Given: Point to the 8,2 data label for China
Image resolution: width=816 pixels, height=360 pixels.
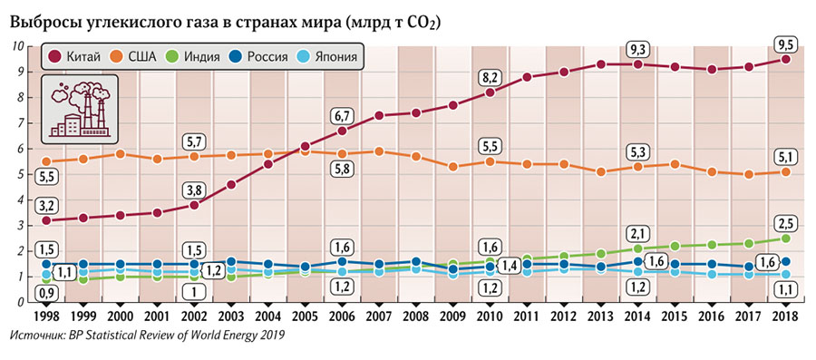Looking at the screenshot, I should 491,76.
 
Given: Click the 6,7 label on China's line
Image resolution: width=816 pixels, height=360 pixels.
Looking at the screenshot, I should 342,114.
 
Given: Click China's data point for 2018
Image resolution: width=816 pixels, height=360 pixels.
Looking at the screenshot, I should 785,59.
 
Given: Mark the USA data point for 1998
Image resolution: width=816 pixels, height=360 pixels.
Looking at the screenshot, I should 47,161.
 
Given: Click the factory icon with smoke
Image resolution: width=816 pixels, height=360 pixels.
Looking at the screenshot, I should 81,107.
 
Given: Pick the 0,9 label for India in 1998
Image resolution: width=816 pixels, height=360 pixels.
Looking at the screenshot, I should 47,292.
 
